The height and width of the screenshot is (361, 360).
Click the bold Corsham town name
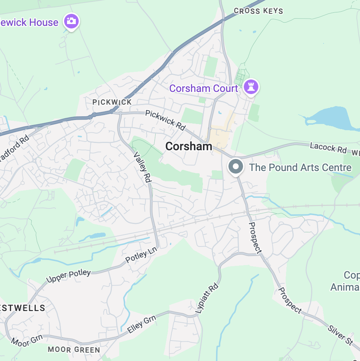(x=188, y=146)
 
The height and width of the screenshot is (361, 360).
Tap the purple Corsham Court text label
(x=203, y=88)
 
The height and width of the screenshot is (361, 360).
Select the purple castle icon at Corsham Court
(x=251, y=86)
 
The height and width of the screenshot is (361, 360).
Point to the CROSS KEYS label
(x=258, y=11)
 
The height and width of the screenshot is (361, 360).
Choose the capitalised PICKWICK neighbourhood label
(x=112, y=102)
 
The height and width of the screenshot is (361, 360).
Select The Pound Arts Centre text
(x=300, y=167)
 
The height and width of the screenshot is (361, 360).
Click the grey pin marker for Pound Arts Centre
(x=236, y=167)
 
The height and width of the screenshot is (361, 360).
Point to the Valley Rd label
(x=143, y=167)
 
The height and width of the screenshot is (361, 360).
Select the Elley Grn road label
(x=142, y=324)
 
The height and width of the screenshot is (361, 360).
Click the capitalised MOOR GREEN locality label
(x=74, y=350)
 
